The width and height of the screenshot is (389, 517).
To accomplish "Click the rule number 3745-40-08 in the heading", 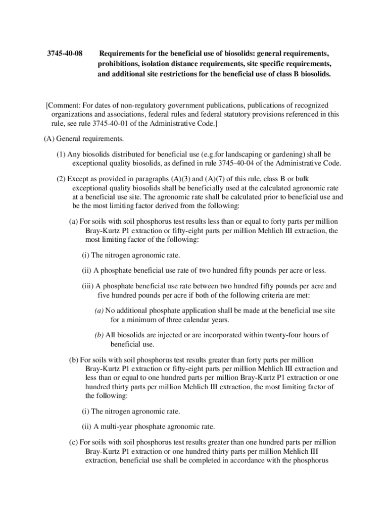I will coord(65,54).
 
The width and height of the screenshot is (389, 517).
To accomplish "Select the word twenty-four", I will coord(275,335).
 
